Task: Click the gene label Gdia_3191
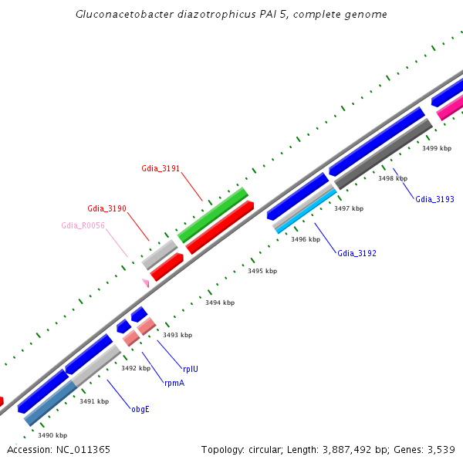(x=161, y=168)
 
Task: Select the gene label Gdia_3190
(x=106, y=208)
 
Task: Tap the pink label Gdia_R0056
(x=83, y=225)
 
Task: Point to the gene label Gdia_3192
(x=357, y=253)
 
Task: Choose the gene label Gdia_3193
(x=434, y=199)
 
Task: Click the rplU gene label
(x=190, y=369)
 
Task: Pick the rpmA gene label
(x=174, y=383)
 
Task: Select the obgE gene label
(x=140, y=409)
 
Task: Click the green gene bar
(x=213, y=214)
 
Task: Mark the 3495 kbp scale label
(x=262, y=271)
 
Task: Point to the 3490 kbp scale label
(x=52, y=435)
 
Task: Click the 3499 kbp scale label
(x=436, y=147)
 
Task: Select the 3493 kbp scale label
(x=177, y=335)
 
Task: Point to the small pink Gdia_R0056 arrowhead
(x=144, y=282)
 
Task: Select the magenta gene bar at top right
(x=450, y=109)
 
